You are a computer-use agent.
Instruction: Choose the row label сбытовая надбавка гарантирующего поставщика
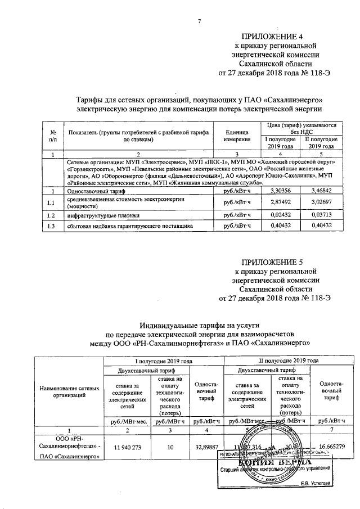pos(130,226)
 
